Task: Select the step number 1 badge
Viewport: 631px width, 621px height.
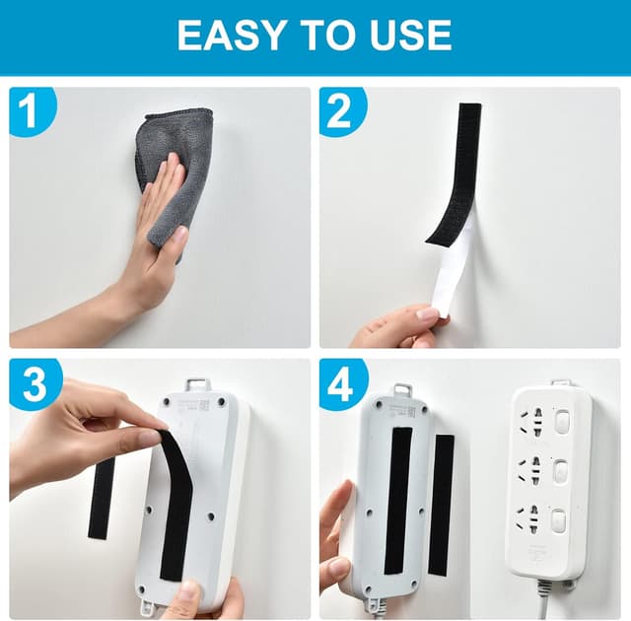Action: [32, 110]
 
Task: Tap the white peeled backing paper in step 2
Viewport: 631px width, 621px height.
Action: [449, 273]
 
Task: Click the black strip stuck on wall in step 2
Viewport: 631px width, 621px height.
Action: [456, 172]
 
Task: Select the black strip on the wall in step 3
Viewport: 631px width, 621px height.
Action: [101, 497]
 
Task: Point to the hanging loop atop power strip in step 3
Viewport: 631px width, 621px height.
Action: [198, 384]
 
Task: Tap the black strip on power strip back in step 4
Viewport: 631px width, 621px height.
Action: [398, 501]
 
